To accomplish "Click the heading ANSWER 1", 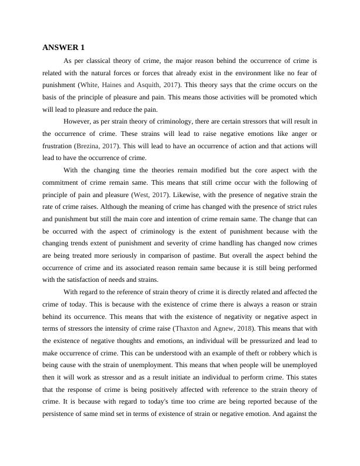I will tap(64, 47).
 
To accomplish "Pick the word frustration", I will tap(57, 145).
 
